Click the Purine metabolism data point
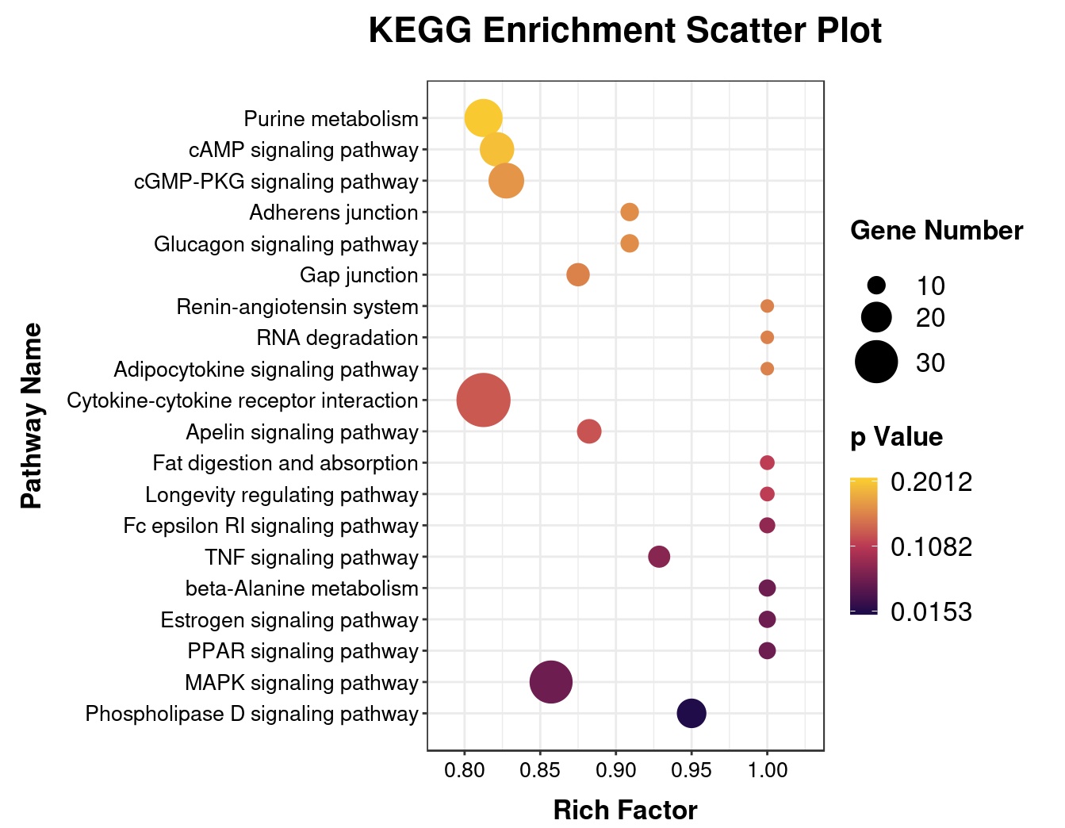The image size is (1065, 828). [x=483, y=119]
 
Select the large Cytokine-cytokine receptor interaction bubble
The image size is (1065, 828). [x=484, y=401]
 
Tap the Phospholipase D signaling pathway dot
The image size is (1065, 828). [x=691, y=714]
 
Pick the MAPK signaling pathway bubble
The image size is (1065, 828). [x=550, y=682]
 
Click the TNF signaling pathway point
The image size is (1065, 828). [x=659, y=557]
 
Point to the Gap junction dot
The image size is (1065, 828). [x=578, y=275]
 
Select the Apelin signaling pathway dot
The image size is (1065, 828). [x=588, y=432]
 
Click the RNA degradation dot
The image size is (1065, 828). [x=767, y=338]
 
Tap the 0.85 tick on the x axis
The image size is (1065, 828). [x=540, y=770]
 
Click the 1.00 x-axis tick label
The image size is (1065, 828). [x=767, y=770]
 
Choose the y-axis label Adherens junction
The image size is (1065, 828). [x=333, y=213]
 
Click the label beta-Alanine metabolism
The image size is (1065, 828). [x=301, y=588]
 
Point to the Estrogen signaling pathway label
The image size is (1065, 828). [x=289, y=620]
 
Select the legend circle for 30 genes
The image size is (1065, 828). [x=876, y=362]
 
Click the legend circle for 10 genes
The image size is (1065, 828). [x=876, y=286]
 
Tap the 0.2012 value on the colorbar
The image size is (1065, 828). [x=931, y=482]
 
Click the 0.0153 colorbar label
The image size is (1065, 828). [x=931, y=612]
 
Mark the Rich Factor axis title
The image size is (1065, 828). [x=625, y=811]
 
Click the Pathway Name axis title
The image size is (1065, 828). [x=31, y=416]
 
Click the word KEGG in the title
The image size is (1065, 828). [x=419, y=32]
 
